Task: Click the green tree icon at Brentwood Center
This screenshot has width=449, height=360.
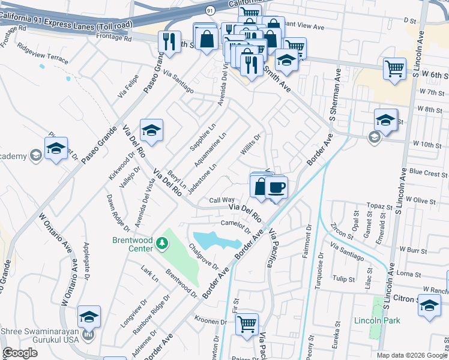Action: (x=161, y=243)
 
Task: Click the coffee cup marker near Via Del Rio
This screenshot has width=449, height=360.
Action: (x=276, y=188)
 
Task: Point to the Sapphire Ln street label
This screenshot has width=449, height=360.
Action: (x=203, y=137)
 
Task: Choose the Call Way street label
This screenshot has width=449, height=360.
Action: (x=221, y=200)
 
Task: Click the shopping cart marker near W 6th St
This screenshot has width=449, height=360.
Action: (x=394, y=68)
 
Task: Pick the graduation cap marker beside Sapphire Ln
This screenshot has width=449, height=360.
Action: (x=152, y=130)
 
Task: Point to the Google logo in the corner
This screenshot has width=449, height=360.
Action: (x=20, y=353)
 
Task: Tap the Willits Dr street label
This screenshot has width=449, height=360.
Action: (x=250, y=145)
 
